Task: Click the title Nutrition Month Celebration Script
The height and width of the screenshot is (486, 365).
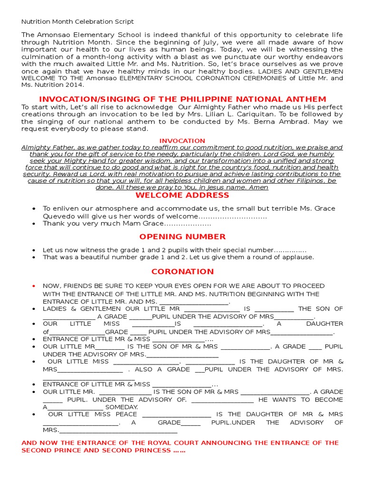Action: (x=77, y=22)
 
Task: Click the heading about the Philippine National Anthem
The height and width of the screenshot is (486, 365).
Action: (x=182, y=99)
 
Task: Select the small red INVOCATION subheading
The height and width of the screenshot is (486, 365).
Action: (x=182, y=141)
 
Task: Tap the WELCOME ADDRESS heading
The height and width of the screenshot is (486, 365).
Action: (x=182, y=195)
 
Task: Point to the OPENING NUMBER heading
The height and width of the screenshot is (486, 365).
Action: (x=182, y=237)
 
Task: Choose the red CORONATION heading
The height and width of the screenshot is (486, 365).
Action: (x=182, y=271)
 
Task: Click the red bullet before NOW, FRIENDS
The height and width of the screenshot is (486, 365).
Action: (x=33, y=286)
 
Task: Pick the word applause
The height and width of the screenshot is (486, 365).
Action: (x=299, y=257)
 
